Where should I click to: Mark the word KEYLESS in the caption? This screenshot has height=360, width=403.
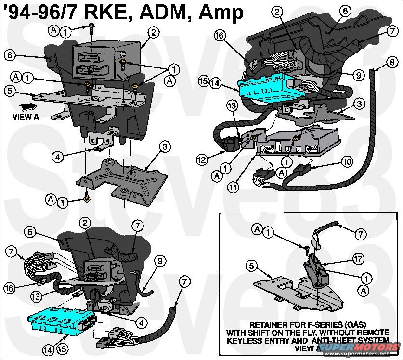[x=244, y=340]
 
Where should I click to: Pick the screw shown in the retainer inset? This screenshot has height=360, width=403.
[x=307, y=247]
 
